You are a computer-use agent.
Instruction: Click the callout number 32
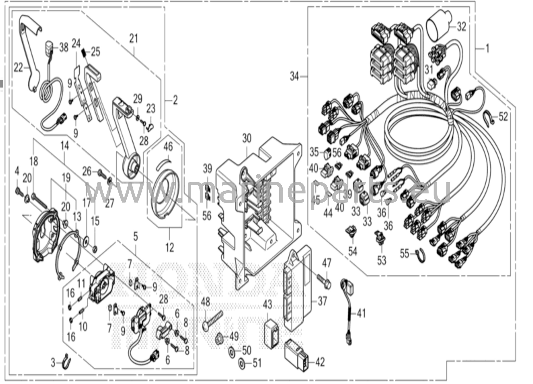(461, 27)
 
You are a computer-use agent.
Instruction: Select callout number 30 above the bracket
(247, 138)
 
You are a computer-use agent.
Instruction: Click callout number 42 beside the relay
(320, 362)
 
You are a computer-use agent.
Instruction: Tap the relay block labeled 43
(271, 334)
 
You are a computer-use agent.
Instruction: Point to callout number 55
(404, 254)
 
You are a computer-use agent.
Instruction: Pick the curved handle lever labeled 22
(31, 52)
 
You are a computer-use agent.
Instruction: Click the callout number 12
(170, 248)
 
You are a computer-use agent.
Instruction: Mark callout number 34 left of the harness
(294, 77)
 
